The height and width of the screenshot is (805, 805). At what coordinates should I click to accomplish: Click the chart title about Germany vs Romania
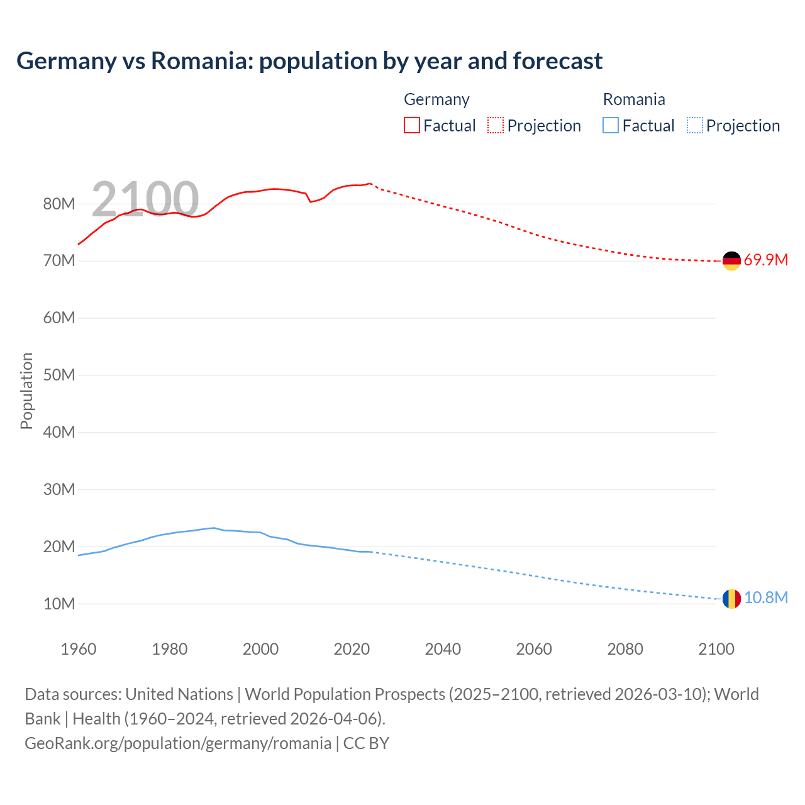click(x=309, y=61)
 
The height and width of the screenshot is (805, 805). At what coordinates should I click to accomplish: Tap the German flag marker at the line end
click(x=731, y=260)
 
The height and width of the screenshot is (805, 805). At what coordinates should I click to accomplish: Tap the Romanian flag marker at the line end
click(x=731, y=598)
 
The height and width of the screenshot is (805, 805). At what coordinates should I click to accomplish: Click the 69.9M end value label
click(x=765, y=260)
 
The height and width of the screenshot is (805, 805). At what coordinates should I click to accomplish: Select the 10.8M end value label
click(x=765, y=597)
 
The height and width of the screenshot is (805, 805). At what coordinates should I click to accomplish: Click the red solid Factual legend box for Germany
click(x=412, y=126)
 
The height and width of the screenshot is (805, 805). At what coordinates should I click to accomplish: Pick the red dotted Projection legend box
click(x=496, y=126)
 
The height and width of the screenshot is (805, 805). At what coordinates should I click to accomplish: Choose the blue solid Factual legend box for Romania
click(x=611, y=126)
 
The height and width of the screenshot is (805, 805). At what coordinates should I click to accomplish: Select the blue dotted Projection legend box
click(x=695, y=126)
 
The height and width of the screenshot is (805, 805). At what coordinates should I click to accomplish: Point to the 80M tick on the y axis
click(x=59, y=204)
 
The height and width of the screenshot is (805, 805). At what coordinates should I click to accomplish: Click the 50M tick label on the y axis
click(x=59, y=375)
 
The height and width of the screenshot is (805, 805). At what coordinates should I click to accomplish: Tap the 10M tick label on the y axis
click(x=59, y=604)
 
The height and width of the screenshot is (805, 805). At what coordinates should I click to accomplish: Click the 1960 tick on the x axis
click(x=79, y=649)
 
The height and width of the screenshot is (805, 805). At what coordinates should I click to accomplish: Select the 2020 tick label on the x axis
click(x=352, y=649)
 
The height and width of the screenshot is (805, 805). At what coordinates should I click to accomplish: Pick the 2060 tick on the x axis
click(x=534, y=649)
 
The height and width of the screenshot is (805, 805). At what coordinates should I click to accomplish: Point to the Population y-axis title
click(x=26, y=391)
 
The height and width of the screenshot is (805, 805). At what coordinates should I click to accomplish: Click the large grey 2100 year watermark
click(x=145, y=199)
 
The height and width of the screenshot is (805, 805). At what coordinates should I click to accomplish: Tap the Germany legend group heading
click(x=436, y=99)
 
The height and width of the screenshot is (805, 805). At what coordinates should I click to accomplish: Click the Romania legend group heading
click(x=634, y=99)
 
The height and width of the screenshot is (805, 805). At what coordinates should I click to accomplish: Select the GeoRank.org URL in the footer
click(x=178, y=743)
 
